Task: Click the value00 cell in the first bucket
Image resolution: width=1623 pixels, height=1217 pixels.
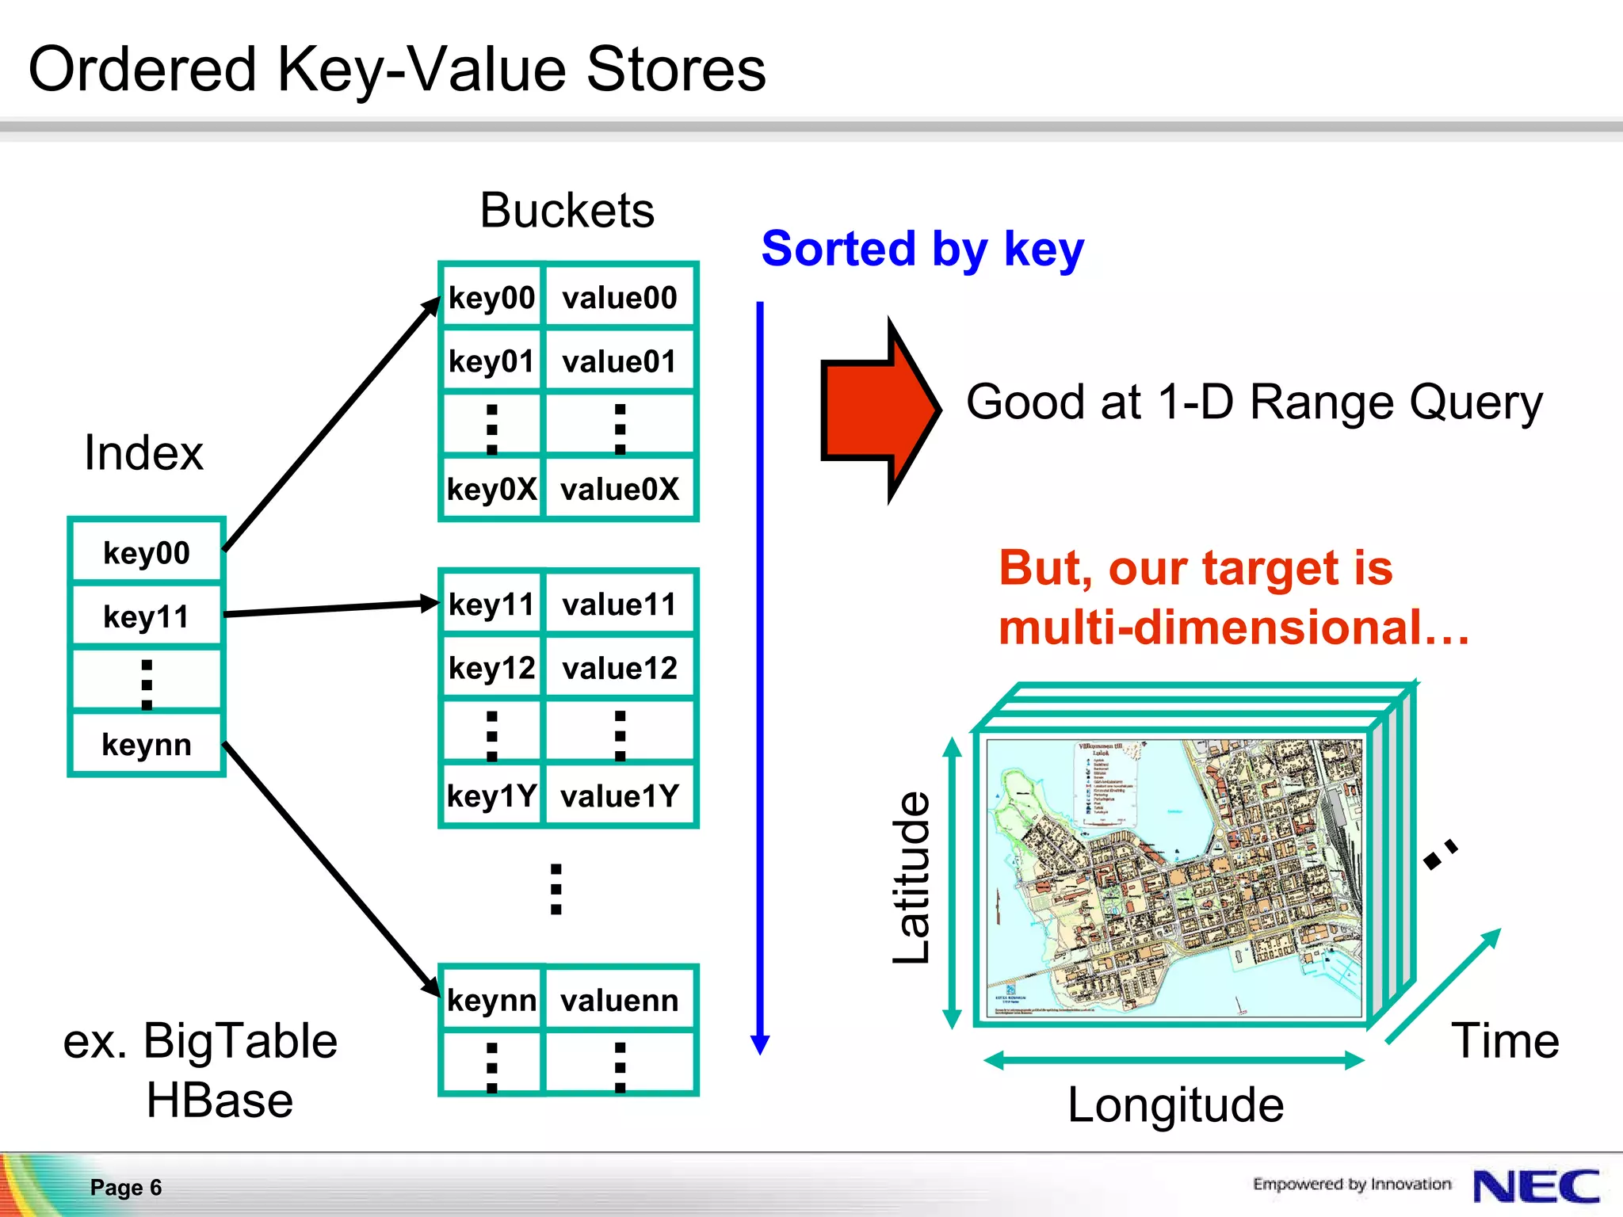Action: (x=619, y=298)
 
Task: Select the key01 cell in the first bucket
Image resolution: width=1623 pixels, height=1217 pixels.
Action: (x=491, y=361)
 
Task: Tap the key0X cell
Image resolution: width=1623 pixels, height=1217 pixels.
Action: (x=491, y=489)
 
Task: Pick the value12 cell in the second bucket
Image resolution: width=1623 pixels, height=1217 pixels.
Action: (x=619, y=668)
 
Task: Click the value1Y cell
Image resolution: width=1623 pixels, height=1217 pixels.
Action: (x=619, y=795)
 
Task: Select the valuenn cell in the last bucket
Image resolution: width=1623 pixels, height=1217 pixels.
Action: (x=619, y=1000)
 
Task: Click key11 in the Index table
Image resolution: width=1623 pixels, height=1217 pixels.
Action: (x=147, y=616)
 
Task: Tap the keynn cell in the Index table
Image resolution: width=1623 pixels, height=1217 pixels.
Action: (x=147, y=744)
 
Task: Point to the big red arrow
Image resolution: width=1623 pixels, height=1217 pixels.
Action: (x=876, y=410)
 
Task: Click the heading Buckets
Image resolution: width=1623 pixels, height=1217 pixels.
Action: (x=567, y=211)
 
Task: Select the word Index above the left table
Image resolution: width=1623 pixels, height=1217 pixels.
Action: (x=143, y=453)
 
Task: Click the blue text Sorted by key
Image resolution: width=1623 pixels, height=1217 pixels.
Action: (x=922, y=249)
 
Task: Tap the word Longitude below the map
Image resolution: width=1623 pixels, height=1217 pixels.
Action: (x=1175, y=1104)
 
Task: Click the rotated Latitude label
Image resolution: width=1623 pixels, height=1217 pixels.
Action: (x=911, y=878)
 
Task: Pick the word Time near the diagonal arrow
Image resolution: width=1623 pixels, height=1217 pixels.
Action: (x=1505, y=1040)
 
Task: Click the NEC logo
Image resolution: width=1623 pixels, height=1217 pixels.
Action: (x=1536, y=1186)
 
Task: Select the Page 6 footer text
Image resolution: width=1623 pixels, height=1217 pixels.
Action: (x=126, y=1187)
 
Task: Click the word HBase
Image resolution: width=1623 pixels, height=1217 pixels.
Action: (x=220, y=1101)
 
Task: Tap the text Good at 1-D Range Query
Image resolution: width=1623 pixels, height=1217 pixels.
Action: (x=1254, y=402)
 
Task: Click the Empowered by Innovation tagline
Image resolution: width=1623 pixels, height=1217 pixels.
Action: (x=1351, y=1184)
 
